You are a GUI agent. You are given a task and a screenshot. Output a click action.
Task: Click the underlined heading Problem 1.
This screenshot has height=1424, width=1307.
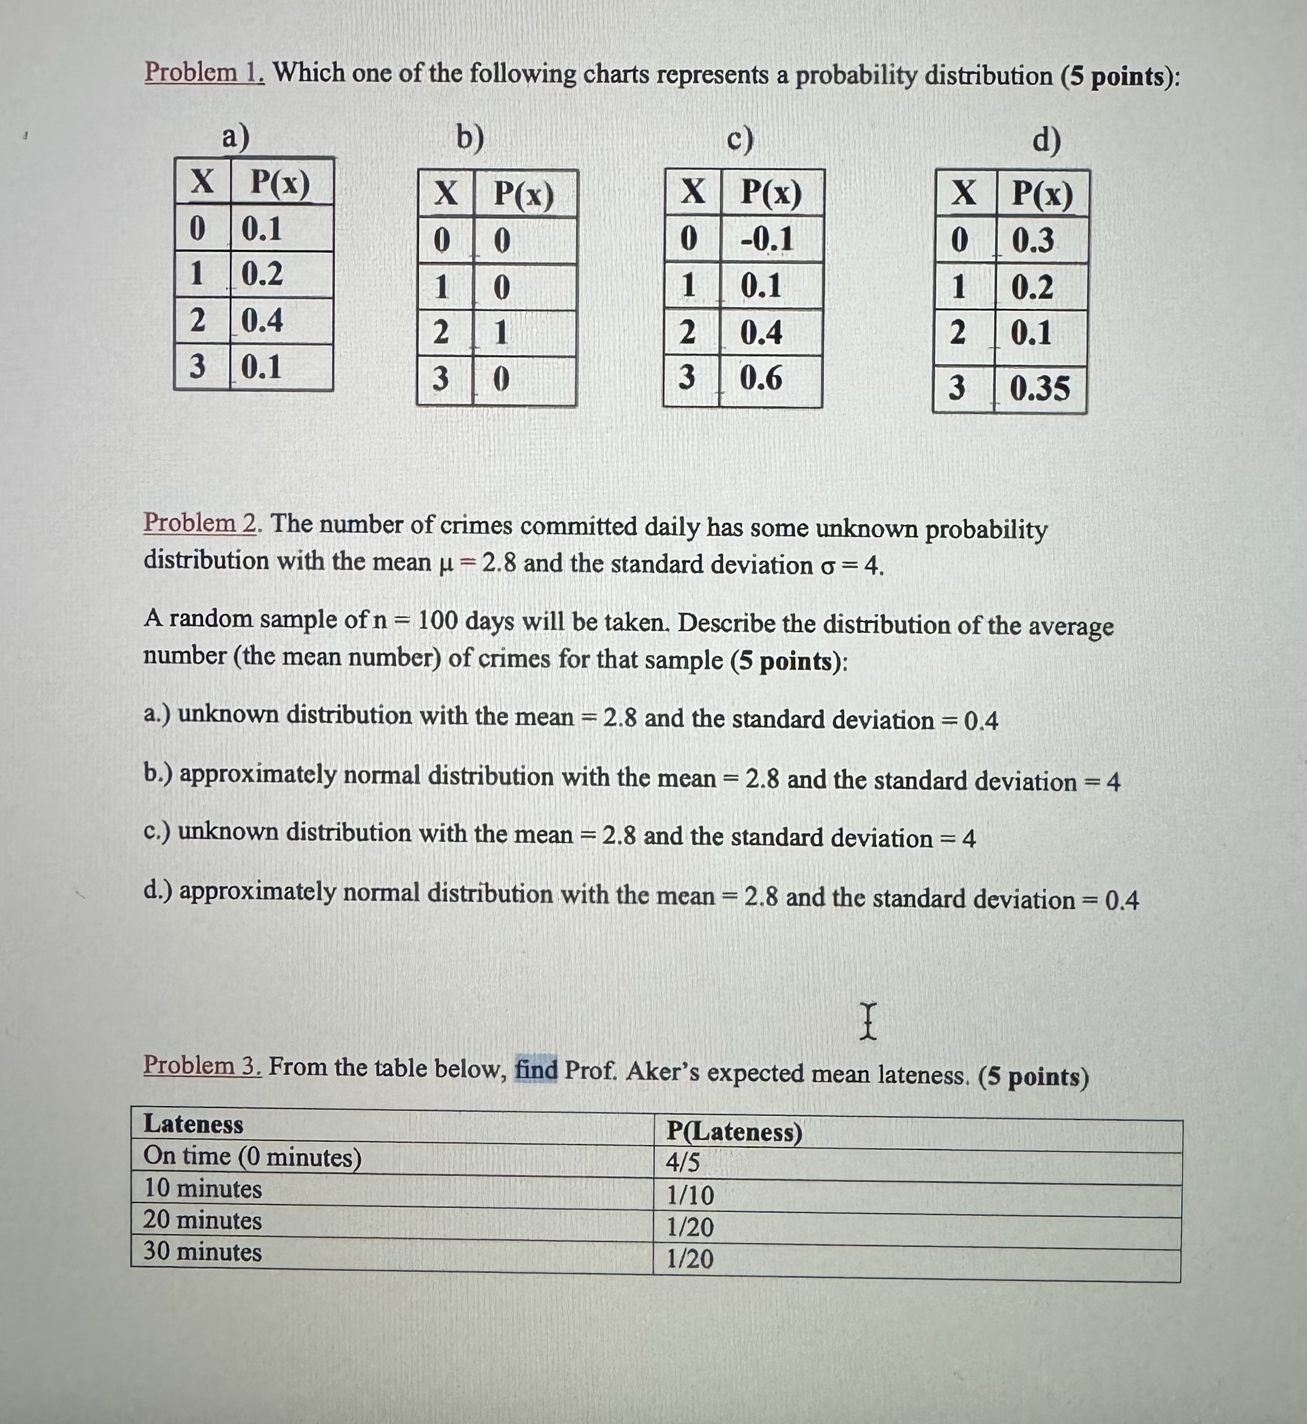pyautogui.click(x=204, y=72)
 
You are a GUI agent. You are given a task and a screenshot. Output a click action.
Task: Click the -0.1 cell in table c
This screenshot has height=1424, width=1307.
pyautogui.click(x=766, y=239)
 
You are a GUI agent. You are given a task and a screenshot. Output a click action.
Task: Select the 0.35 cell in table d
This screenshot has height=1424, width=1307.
pyautogui.click(x=1039, y=388)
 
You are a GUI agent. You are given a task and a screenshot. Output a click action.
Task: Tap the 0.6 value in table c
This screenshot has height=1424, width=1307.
pyautogui.click(x=761, y=379)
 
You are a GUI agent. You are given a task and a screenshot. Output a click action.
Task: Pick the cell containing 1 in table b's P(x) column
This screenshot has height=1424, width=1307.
pyautogui.click(x=501, y=332)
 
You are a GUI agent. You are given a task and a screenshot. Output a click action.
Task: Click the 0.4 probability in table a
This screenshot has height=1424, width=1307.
pyautogui.click(x=262, y=320)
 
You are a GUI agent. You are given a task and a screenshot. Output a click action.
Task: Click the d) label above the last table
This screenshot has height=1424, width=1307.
pyautogui.click(x=1047, y=140)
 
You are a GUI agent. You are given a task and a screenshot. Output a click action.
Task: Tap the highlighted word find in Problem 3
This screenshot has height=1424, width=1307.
pyautogui.click(x=537, y=1068)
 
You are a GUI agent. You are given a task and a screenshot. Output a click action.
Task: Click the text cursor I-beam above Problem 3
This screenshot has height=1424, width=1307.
pyautogui.click(x=869, y=1021)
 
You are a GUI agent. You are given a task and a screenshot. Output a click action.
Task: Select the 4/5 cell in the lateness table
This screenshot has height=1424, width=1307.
pyautogui.click(x=683, y=1162)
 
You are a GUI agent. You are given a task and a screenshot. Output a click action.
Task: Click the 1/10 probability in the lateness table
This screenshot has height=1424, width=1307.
pyautogui.click(x=690, y=1195)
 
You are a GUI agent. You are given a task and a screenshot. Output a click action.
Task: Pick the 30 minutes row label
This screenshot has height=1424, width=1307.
pyautogui.click(x=202, y=1252)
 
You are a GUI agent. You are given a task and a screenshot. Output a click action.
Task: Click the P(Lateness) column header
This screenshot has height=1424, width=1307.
pyautogui.click(x=734, y=1132)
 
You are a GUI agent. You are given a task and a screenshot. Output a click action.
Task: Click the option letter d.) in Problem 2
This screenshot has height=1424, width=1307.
pyautogui.click(x=159, y=890)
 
